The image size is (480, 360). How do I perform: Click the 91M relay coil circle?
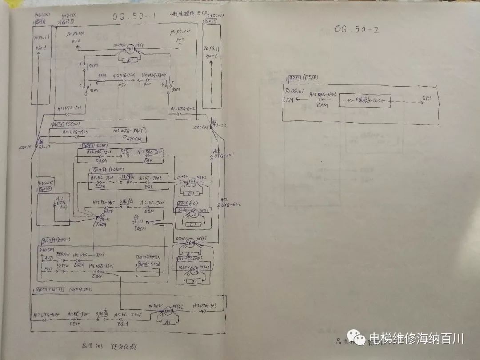pyautogui.click(x=131, y=49)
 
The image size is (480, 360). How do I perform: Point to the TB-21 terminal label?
pyautogui.click(x=139, y=221)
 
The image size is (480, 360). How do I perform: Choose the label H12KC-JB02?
pyautogui.click(x=152, y=179)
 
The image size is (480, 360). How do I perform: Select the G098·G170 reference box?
pyautogui.click(x=149, y=264)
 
